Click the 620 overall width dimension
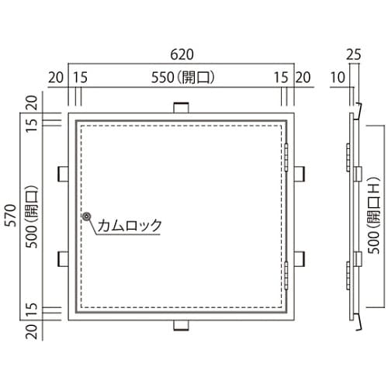pyautogui.click(x=180, y=56)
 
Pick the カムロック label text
pyautogui.click(x=130, y=225)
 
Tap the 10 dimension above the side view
pyautogui.click(x=338, y=78)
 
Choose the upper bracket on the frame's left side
pyautogui.click(x=62, y=171)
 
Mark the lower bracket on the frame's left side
pyautogui.click(x=62, y=258)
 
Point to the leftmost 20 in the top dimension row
pyautogui.click(x=54, y=78)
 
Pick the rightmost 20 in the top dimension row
pyautogui.click(x=303, y=78)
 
